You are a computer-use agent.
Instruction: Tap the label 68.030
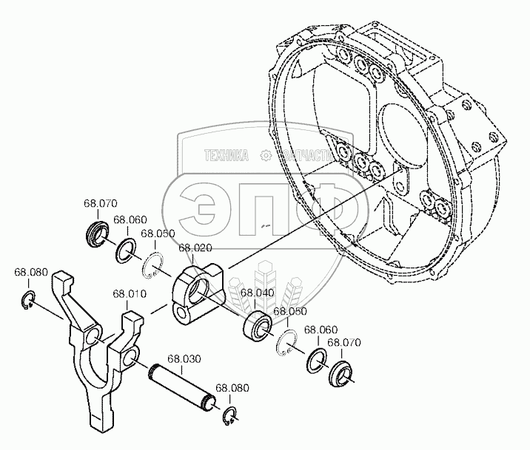[184, 360]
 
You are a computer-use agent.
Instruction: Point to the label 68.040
[255, 293]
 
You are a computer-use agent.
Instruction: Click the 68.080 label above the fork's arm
[31, 273]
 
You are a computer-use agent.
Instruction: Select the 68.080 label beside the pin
[232, 388]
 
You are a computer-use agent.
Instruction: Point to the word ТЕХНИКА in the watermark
[226, 155]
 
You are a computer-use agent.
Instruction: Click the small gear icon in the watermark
[264, 155]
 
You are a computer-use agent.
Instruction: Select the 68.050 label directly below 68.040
[290, 312]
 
